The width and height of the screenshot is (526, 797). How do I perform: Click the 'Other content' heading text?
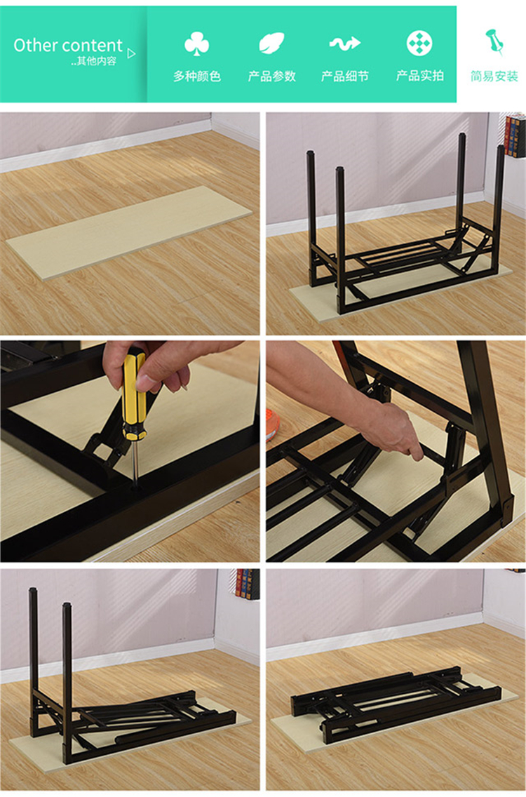[x=67, y=45]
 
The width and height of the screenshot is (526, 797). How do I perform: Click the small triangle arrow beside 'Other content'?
[x=132, y=53]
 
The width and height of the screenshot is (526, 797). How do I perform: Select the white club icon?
[x=196, y=43]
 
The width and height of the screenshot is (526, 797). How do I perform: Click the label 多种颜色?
[x=196, y=76]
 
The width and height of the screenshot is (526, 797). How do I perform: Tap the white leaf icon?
[x=271, y=43]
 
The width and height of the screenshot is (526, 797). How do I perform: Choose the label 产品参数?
[x=271, y=76]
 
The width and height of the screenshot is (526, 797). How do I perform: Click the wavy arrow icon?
[x=345, y=43]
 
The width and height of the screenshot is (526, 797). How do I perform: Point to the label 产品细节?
[x=345, y=76]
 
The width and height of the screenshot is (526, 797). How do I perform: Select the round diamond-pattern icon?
[x=419, y=43]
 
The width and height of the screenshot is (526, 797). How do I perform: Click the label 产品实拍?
[x=420, y=76]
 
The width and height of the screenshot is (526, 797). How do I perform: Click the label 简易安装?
[x=494, y=76]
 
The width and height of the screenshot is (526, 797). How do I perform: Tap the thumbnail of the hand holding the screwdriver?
[x=130, y=451]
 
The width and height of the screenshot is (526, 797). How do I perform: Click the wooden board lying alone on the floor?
[x=129, y=232]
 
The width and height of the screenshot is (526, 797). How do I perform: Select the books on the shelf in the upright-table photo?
[x=515, y=135]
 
